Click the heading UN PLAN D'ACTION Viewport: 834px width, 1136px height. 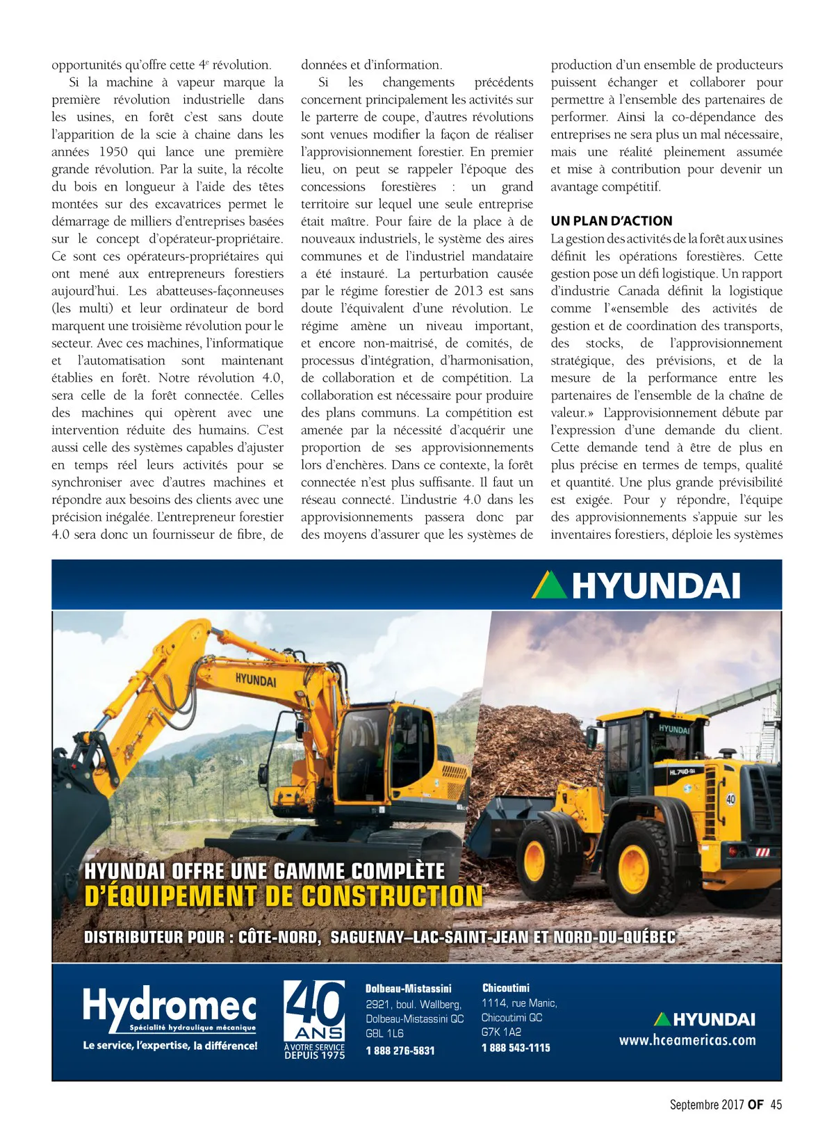[611, 221]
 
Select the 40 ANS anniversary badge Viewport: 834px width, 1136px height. [314, 1019]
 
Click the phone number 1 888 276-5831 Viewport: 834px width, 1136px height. [400, 1050]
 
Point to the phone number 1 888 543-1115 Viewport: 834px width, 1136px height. [516, 1048]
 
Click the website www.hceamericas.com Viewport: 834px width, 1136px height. [687, 1041]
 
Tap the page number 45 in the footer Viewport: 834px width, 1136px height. [776, 1105]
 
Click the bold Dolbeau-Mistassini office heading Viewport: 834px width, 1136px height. [408, 989]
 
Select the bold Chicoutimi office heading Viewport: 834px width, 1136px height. [506, 988]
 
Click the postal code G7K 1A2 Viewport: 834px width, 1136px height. [501, 1032]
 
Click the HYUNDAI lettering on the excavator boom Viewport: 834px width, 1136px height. [255, 679]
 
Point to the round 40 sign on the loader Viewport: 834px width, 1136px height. [730, 800]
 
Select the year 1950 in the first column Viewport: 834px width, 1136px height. [113, 152]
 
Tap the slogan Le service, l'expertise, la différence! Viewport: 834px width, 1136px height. [170, 1046]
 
